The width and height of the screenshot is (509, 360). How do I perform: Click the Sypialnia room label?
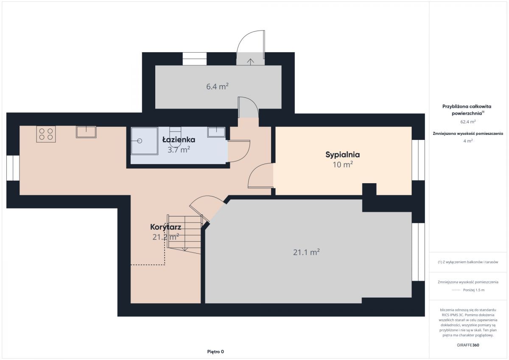point(342,155)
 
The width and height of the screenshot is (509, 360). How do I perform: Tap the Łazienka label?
point(179,140)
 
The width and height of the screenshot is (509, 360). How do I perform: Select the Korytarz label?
point(166,227)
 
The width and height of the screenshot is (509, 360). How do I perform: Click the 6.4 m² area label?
point(217,87)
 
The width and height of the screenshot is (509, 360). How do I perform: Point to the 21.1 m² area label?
point(306,252)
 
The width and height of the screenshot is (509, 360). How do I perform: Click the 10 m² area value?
point(343,165)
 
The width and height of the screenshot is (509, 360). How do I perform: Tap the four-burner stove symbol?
point(46,134)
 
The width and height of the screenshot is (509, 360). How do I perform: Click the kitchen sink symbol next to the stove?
point(86,132)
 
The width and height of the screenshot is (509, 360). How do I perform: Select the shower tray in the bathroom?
point(144,141)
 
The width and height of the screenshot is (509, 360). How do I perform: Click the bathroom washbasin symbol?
point(216,132)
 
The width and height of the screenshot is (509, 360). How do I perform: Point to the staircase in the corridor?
point(184,234)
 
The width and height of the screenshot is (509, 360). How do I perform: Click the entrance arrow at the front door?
point(250,62)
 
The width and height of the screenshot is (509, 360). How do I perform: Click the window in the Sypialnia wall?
point(418,160)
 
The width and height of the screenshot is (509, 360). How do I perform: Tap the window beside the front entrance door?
point(195,59)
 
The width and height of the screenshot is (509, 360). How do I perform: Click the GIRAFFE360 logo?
point(468,345)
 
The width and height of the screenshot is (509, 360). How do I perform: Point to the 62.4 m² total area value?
point(468,122)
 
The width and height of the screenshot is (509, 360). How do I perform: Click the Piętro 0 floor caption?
point(215,352)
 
